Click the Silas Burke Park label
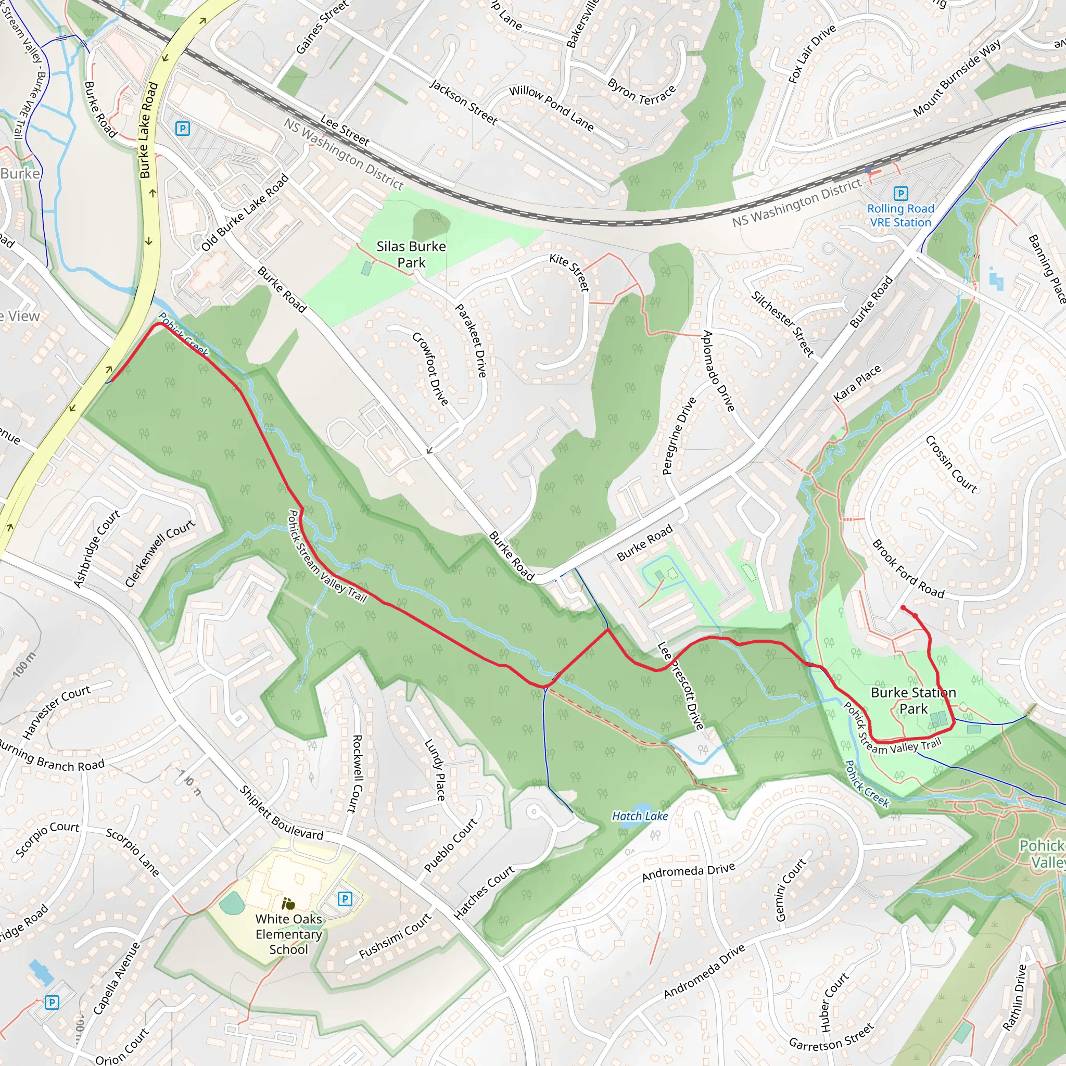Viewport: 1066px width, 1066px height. [411, 255]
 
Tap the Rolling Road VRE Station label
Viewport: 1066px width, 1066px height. [900, 215]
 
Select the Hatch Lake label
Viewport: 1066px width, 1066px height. [640, 816]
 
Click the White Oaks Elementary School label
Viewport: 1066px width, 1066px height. [288, 934]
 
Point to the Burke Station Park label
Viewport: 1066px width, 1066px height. [913, 700]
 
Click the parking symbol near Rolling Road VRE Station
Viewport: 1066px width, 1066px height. [900, 194]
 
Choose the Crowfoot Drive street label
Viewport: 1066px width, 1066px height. [430, 369]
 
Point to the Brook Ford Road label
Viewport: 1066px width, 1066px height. [908, 569]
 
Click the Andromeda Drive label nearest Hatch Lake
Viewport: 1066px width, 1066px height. [688, 872]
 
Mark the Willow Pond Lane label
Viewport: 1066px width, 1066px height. [551, 108]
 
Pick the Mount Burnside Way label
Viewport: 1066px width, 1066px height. [957, 78]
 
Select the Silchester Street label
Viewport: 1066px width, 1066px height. [782, 323]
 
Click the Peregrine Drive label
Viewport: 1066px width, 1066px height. [679, 436]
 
